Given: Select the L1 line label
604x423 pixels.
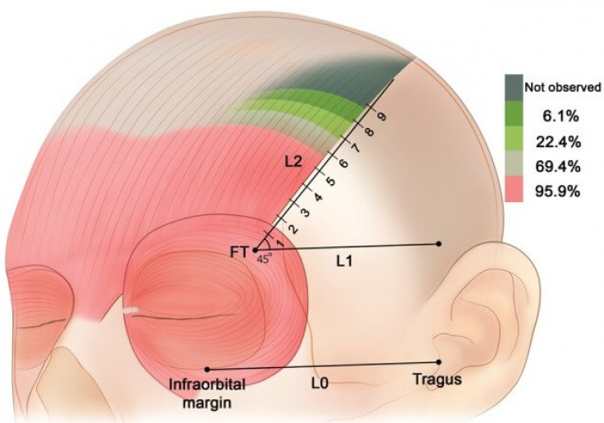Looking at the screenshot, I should [345, 261].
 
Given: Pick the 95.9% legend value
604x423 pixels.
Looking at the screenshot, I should [559, 192].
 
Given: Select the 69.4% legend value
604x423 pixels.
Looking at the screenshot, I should [559, 166].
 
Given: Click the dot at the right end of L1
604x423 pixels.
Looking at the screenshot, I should [440, 244].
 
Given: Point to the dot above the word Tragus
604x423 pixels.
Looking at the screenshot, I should [440, 361].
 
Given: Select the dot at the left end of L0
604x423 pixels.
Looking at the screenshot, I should [207, 369].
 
